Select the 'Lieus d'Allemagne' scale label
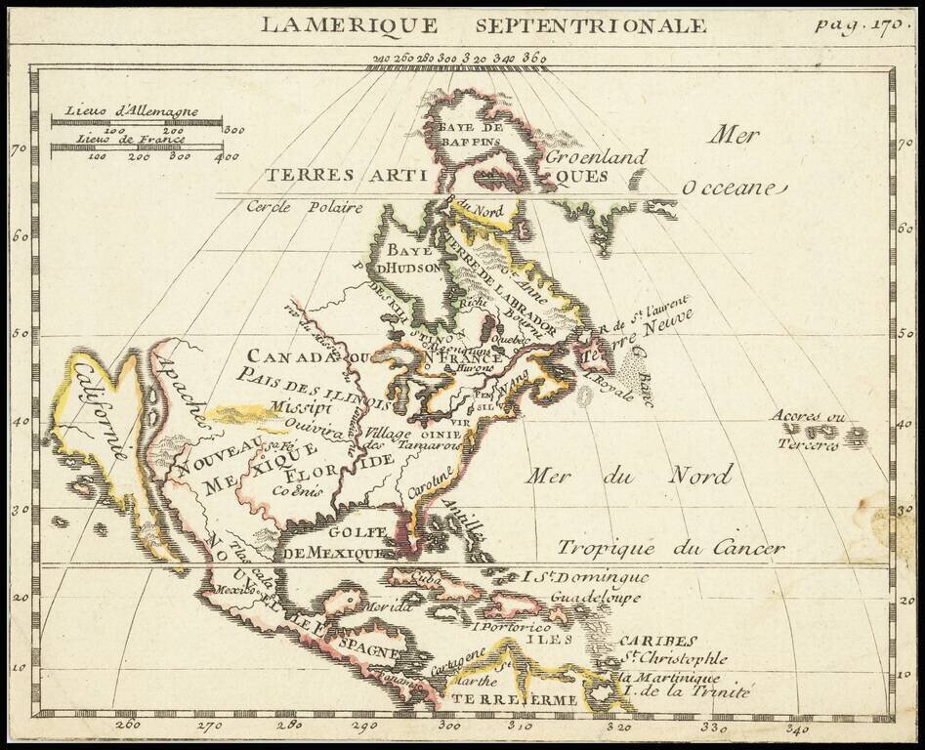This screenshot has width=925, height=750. click(131, 111)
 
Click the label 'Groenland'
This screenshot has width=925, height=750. click(596, 156)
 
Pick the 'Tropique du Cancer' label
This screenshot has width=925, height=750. click(670, 548)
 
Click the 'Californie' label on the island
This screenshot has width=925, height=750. click(98, 410)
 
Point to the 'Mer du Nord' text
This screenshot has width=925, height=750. click(629, 477)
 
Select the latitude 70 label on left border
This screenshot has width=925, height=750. click(18, 149)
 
